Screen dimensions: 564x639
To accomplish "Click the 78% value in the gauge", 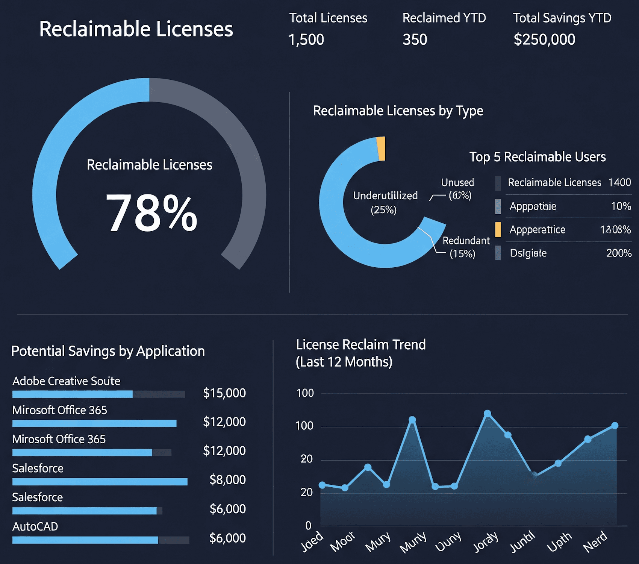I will click(151, 213).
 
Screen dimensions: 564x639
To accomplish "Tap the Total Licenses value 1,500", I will click(306, 39).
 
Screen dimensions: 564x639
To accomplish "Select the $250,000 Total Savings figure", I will click(544, 39).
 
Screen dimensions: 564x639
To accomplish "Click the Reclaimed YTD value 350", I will click(415, 39).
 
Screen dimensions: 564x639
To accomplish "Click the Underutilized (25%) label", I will click(385, 202).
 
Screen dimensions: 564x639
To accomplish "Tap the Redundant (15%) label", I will click(465, 247).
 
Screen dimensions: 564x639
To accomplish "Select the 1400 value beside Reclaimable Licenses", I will click(619, 182).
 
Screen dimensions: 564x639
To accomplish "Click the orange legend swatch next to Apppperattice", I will click(498, 229).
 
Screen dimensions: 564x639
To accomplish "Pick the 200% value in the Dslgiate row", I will click(618, 253).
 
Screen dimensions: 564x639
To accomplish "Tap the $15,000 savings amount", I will click(224, 393).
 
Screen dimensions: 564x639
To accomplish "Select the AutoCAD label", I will click(35, 526).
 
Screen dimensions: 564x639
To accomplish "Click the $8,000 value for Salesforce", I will click(227, 479).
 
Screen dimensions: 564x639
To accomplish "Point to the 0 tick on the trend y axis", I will click(308, 525).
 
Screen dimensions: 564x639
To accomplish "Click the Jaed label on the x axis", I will click(312, 541).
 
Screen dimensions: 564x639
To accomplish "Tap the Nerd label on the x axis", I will click(595, 541).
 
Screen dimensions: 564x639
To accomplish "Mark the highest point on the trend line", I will click(487, 413).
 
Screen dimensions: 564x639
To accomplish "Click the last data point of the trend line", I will click(615, 426).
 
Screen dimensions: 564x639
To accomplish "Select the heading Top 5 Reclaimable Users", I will click(537, 157).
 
